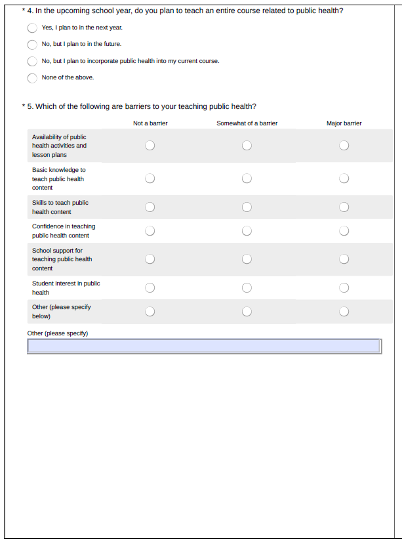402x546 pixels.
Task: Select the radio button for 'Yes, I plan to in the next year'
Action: (32, 28)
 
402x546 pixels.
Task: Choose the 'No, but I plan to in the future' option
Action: (32, 45)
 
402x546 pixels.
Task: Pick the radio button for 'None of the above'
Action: (32, 78)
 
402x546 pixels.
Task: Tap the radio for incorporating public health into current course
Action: (32, 61)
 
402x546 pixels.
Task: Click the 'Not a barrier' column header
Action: (150, 123)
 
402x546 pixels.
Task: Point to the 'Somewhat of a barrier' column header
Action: (247, 123)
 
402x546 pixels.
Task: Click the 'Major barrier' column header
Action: (344, 123)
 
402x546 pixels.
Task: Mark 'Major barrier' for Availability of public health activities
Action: (344, 146)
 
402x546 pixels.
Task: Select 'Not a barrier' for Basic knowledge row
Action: (150, 178)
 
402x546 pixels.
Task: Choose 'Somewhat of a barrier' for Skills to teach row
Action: (247, 207)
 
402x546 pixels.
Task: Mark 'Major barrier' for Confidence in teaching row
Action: (344, 230)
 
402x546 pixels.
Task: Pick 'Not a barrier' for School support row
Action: (150, 259)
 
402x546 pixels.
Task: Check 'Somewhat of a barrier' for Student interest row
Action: (247, 287)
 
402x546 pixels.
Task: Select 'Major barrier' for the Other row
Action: (344, 311)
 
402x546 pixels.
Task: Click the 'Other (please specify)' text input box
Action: (204, 346)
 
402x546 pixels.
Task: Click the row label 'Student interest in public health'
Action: (66, 287)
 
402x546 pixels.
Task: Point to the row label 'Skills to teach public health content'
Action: (60, 207)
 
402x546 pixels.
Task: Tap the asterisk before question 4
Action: (23, 10)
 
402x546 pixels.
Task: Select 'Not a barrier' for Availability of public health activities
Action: (150, 146)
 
